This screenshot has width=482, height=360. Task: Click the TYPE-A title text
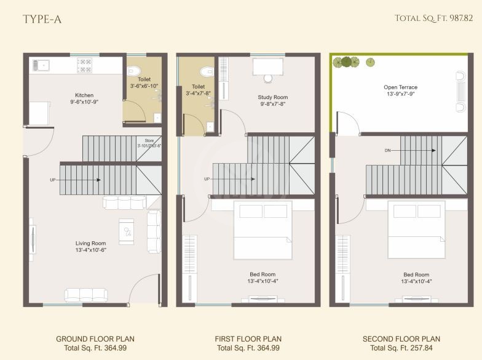pos(42,19)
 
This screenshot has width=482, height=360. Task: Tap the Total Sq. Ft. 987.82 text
pos(433,18)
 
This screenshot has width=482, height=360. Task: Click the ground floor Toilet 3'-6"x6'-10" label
pos(144,83)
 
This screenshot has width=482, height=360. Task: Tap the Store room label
pos(149,143)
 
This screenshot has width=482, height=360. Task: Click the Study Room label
pos(272,101)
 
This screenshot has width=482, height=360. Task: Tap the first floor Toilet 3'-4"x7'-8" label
pos(198,90)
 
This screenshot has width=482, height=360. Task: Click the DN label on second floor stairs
pos(387,150)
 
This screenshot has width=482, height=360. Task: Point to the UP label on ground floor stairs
pos(52,180)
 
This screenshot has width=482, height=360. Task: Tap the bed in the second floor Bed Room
pos(416,231)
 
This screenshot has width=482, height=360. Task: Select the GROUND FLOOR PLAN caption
pos(95,339)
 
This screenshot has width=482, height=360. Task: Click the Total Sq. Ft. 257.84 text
pos(401,348)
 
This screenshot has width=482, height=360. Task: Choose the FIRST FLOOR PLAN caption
pos(248,339)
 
